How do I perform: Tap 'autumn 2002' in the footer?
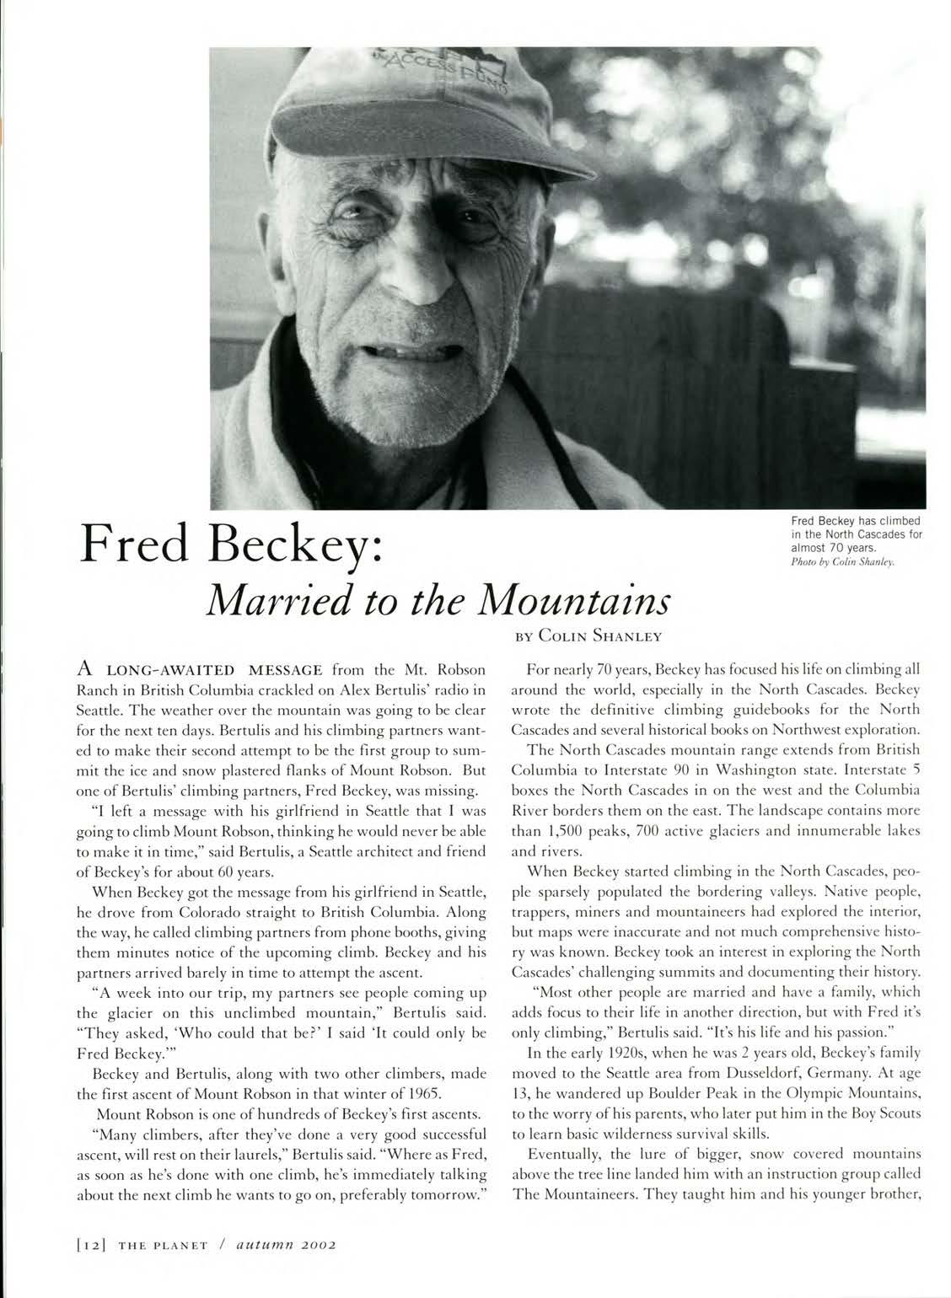click(x=286, y=1243)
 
